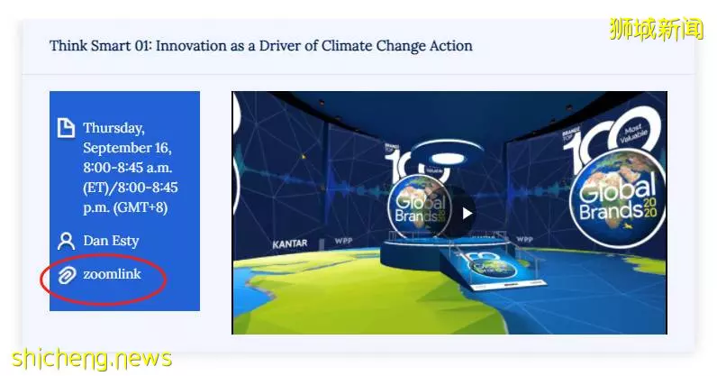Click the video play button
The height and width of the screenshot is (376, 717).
pyautogui.click(x=467, y=214)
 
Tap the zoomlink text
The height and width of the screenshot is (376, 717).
pyautogui.click(x=112, y=274)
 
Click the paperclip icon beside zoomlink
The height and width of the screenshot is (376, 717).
pyautogui.click(x=67, y=275)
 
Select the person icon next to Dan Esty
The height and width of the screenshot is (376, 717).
pyautogui.click(x=67, y=241)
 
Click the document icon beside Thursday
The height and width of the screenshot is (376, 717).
pyautogui.click(x=66, y=128)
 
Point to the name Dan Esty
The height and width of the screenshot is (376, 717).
pyautogui.click(x=111, y=241)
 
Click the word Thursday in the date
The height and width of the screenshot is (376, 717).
pyautogui.click(x=113, y=128)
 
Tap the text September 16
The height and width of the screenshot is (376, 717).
pyautogui.click(x=127, y=148)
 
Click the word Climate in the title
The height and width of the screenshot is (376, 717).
pyautogui.click(x=347, y=46)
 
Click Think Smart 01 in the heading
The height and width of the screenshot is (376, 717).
pyautogui.click(x=101, y=46)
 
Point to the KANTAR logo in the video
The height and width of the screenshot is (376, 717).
pyautogui.click(x=290, y=244)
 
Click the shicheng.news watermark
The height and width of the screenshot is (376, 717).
pyautogui.click(x=92, y=358)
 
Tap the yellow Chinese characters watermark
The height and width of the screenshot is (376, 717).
pyautogui.click(x=656, y=29)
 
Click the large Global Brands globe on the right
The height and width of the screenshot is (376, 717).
pyautogui.click(x=618, y=197)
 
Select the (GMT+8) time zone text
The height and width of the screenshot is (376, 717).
pyautogui.click(x=141, y=207)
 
